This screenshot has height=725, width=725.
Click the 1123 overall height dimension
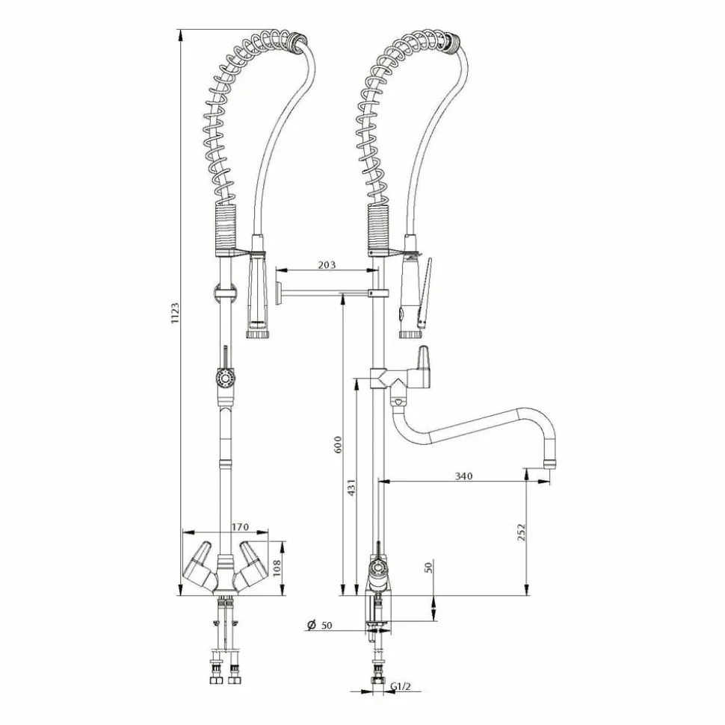pos(175,313)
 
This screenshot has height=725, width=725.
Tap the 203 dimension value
pos(327,265)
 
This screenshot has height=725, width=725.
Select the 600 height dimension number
pos(338,444)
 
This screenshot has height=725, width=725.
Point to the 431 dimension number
pos(351,488)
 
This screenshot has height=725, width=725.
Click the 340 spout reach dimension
pos(464,476)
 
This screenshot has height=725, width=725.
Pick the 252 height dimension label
pos(522,532)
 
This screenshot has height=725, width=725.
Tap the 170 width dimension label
pos(240,526)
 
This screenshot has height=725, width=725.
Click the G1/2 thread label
pos(401,687)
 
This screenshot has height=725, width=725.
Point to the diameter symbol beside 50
pos(312,625)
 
